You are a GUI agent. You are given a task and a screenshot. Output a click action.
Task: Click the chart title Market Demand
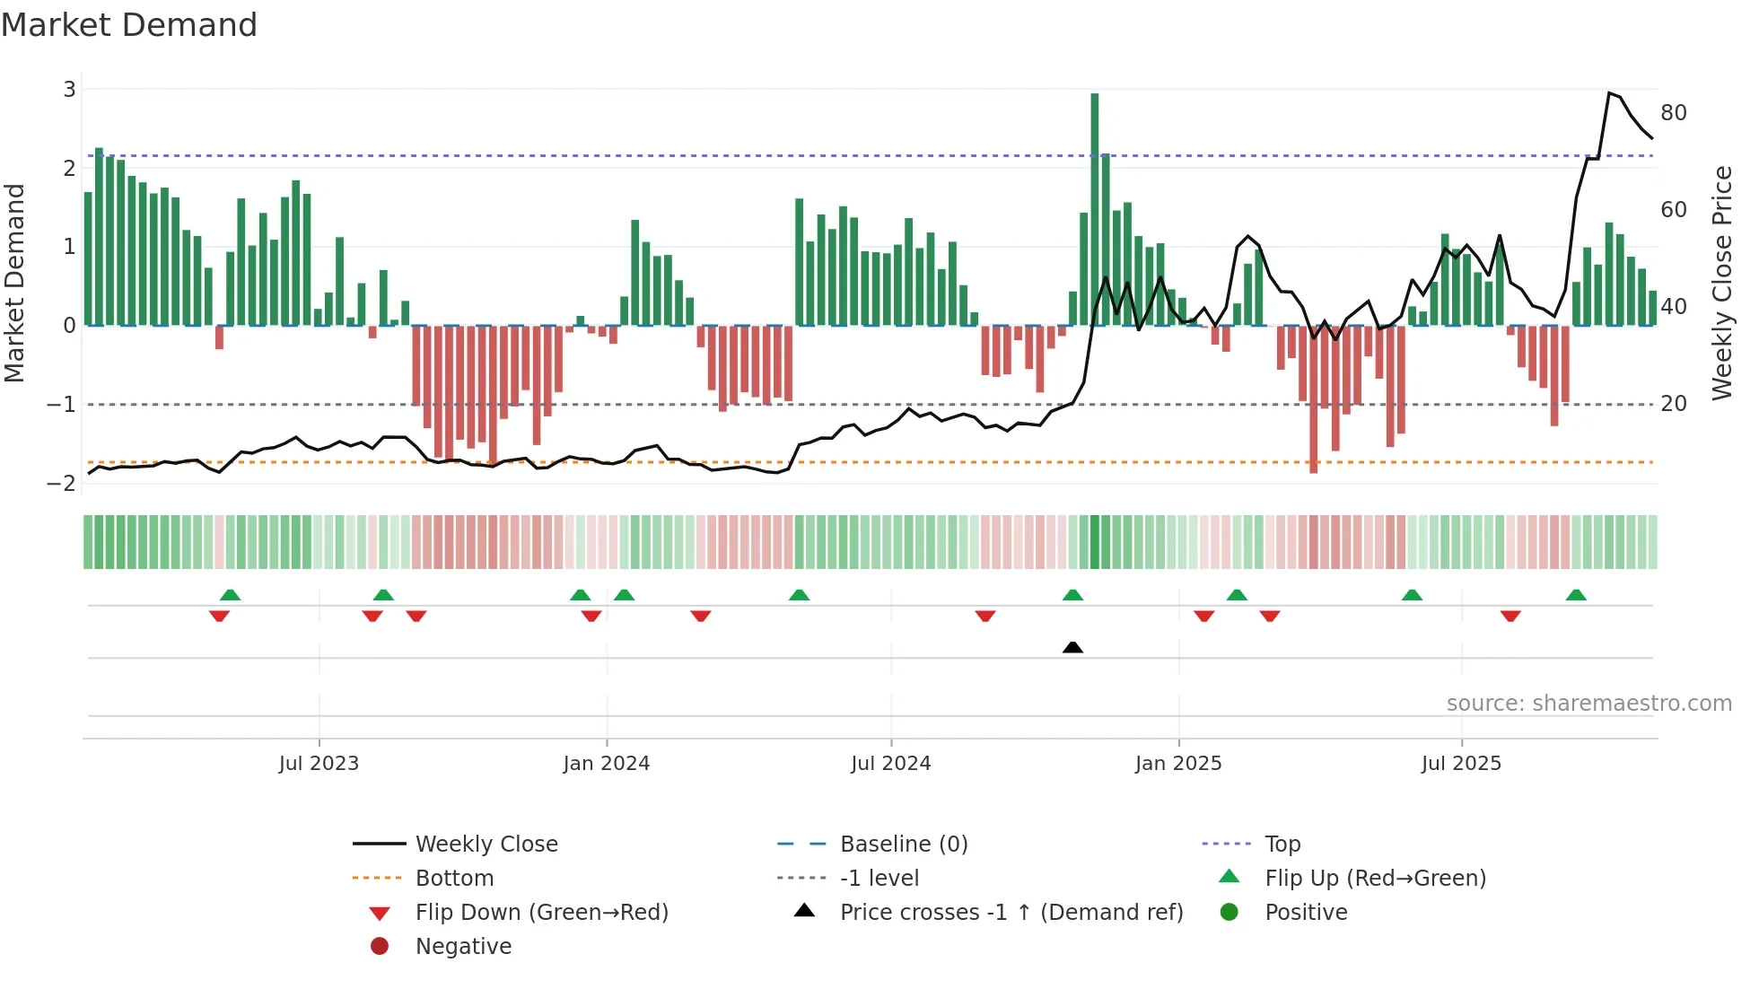(129, 25)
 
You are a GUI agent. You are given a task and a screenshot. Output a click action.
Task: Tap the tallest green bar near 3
(1094, 206)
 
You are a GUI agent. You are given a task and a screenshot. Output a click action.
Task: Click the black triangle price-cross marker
(1072, 647)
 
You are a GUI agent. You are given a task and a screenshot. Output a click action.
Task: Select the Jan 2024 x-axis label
(606, 764)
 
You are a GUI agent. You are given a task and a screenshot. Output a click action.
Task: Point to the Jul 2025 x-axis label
(1460, 764)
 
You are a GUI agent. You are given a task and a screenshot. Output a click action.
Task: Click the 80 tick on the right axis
(1673, 113)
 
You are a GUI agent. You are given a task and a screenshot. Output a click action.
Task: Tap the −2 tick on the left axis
(61, 483)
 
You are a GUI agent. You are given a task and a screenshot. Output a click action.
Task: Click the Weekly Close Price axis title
(1721, 283)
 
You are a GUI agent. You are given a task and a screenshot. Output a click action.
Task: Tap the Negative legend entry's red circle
(380, 947)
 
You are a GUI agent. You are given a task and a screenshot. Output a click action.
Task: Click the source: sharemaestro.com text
(1588, 704)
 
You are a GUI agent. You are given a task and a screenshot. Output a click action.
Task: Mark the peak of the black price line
(1609, 92)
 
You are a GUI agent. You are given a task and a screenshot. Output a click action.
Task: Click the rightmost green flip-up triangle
(1576, 595)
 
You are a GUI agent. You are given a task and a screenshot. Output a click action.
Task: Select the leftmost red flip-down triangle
(219, 616)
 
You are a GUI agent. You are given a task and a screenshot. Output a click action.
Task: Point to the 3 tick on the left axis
(69, 90)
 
